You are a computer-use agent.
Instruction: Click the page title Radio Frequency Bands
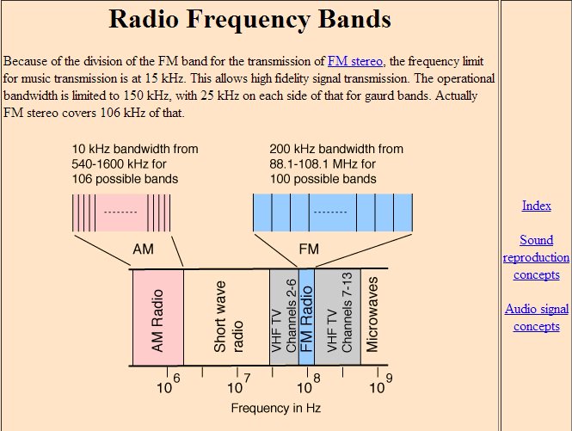250,20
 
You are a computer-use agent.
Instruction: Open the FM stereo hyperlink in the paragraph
356,61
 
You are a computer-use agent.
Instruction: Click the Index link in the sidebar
536,206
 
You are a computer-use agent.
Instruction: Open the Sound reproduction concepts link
536,257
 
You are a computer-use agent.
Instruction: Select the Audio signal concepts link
536,317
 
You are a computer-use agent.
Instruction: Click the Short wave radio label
227,319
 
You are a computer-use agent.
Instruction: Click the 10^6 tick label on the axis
169,385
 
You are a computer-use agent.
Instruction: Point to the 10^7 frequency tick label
238,385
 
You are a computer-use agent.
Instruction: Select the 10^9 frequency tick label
379,385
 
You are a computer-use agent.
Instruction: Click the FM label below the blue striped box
309,249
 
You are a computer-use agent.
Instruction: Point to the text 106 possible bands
125,179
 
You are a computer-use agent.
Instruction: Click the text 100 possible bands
323,179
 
